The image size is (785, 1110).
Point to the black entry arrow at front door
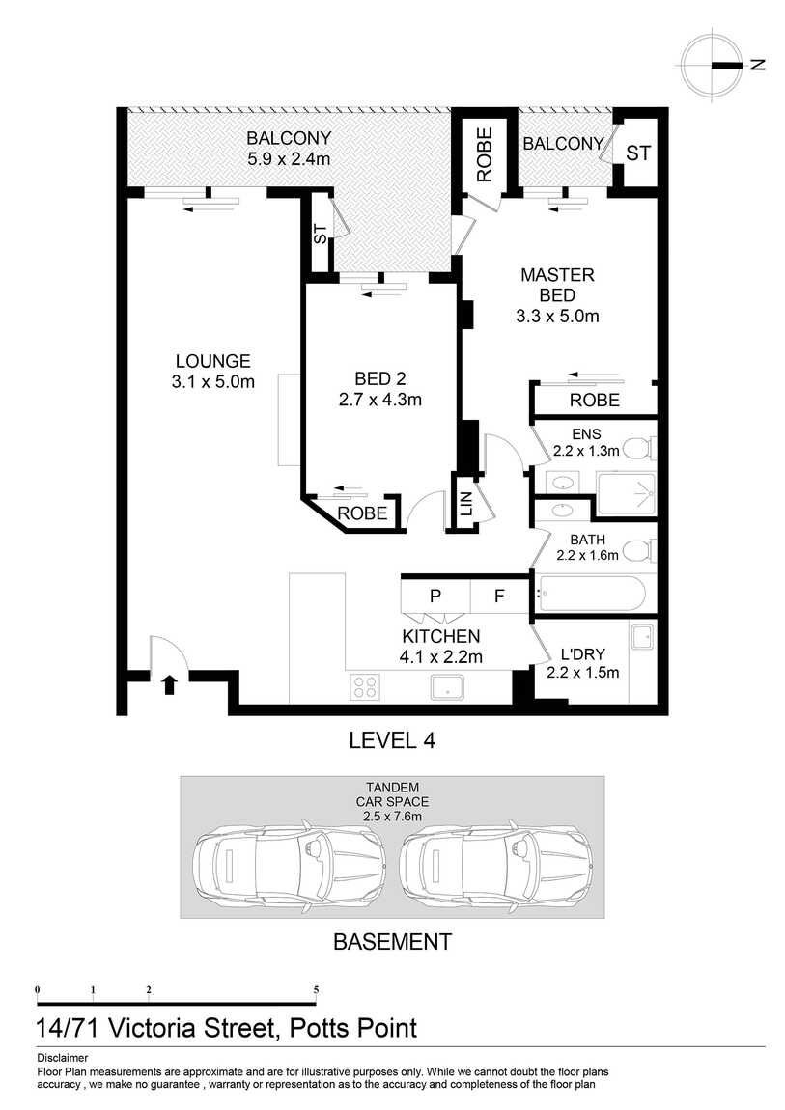pos(169,684)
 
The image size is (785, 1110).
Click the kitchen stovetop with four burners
pos(365,686)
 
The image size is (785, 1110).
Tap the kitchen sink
pos(447,687)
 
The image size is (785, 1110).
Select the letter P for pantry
pos(435,596)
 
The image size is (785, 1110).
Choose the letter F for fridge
pos(499,596)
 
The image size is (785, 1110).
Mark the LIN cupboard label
pos(465,502)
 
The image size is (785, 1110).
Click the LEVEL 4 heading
pos(391,741)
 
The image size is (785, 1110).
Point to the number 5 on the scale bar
pos(316,990)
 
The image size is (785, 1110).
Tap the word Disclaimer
pos(62,1058)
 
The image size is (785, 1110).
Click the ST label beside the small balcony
pos(637,153)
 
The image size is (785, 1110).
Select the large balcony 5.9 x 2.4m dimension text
pos(289,158)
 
